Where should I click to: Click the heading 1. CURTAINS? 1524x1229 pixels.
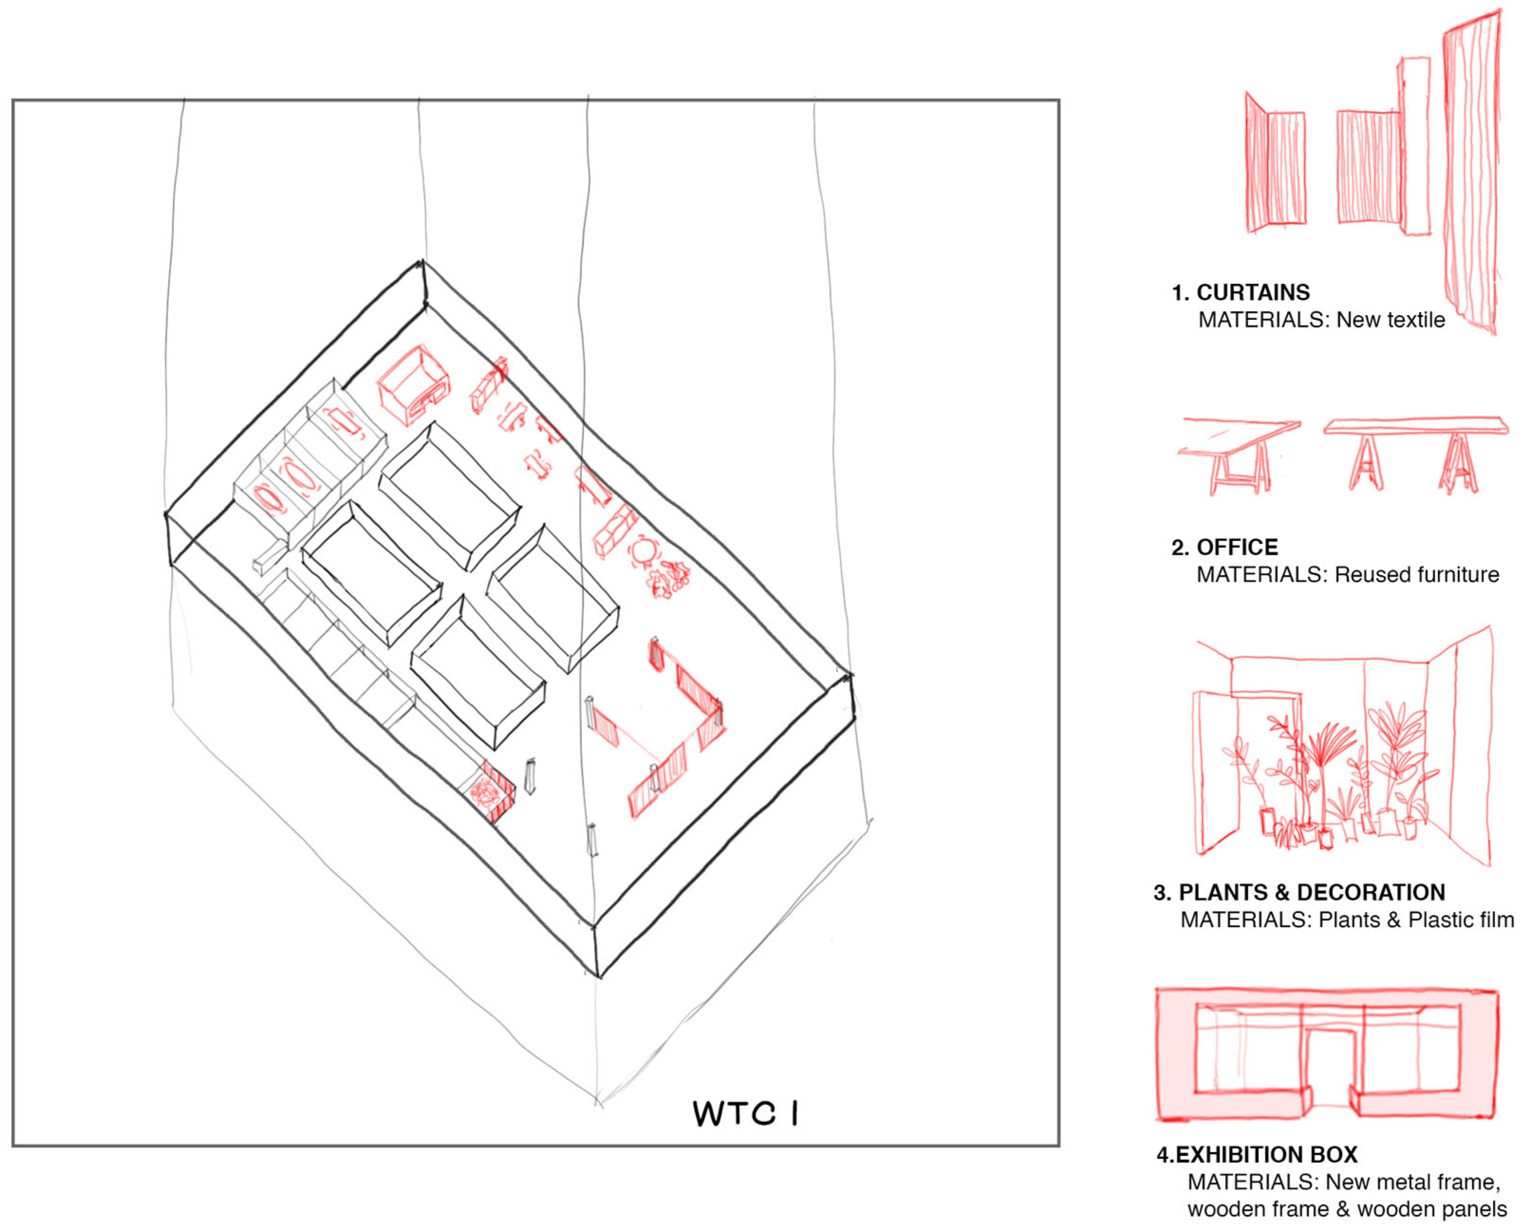click(x=1241, y=292)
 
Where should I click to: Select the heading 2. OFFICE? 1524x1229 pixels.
click(x=1225, y=547)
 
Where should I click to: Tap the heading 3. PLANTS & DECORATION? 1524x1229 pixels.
click(x=1299, y=892)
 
